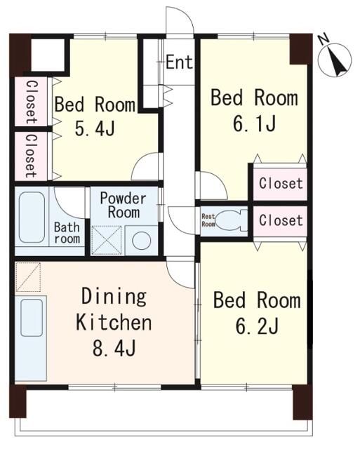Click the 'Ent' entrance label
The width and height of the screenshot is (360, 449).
179,62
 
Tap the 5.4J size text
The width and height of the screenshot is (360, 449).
95,128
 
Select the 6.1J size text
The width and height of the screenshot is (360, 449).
255,123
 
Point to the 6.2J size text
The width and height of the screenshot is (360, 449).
257,326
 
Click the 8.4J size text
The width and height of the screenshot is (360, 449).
114,348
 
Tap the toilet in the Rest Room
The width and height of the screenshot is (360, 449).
231,220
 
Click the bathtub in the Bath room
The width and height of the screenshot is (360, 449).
32,217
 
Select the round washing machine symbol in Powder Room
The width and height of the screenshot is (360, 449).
142,241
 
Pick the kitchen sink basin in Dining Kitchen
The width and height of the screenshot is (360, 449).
32,318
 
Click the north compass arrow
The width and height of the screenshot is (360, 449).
338,61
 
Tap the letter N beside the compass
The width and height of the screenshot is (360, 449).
324,39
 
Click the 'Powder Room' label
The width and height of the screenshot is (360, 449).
123,206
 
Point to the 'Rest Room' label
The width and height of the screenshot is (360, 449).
208,220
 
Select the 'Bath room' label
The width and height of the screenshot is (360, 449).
67,233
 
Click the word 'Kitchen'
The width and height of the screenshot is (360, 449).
114,323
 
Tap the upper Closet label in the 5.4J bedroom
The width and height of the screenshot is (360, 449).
32,102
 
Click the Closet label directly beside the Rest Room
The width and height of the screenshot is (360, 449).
281,220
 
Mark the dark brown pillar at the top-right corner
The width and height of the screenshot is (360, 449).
301,49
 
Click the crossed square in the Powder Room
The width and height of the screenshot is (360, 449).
107,240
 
